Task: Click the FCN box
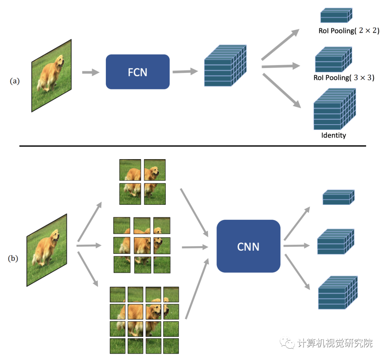(137, 72)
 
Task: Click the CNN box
(248, 246)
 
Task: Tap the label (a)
(15, 81)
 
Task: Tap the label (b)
(13, 259)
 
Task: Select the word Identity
(333, 135)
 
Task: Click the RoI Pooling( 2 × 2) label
(349, 31)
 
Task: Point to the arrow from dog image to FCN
(90, 72)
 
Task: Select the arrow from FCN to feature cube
(185, 72)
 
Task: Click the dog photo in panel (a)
(51, 75)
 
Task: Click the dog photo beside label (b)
(47, 250)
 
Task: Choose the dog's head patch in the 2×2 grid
(155, 169)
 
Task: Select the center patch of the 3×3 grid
(142, 245)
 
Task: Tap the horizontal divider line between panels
(192, 146)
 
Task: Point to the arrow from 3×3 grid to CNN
(194, 246)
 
